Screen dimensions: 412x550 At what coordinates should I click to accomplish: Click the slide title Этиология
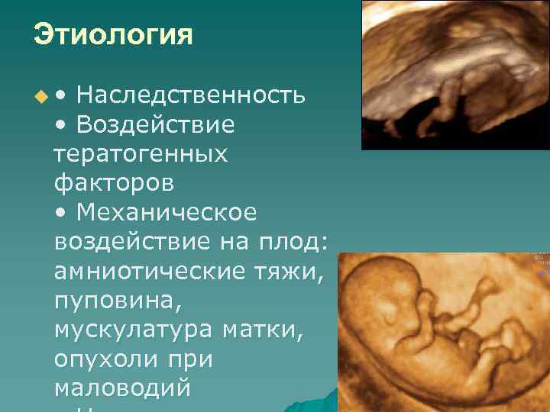click(113, 35)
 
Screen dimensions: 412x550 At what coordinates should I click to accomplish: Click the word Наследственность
click(192, 95)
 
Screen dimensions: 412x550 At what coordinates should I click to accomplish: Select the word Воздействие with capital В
click(157, 124)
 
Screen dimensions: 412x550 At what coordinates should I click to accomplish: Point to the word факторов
click(114, 184)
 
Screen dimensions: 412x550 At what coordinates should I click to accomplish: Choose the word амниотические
click(150, 271)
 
